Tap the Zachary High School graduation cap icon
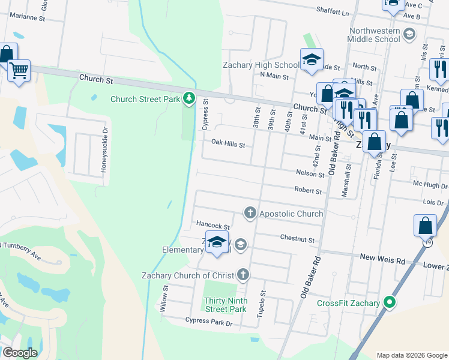click(312, 59)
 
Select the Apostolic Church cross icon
click(250, 213)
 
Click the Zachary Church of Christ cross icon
click(243, 275)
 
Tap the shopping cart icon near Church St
click(19, 71)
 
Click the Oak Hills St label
click(228, 145)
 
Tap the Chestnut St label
click(297, 239)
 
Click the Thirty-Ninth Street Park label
click(225, 305)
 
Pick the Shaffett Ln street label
click(333, 11)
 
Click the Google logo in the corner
click(20, 353)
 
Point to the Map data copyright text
click(411, 355)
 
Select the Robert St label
click(308, 191)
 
